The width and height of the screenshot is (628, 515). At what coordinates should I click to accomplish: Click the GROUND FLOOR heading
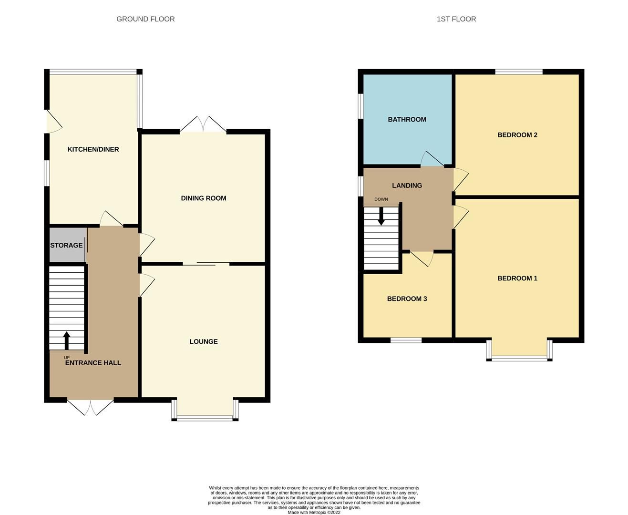coord(145,19)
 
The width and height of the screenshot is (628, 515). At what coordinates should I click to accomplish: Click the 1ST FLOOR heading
coord(456,19)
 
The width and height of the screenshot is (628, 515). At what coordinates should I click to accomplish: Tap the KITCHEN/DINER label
coord(93,149)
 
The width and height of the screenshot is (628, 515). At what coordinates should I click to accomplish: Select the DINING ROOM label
coord(204,198)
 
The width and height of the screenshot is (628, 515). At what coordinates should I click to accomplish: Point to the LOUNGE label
coord(204,341)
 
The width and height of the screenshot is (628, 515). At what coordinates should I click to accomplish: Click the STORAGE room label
coord(66,245)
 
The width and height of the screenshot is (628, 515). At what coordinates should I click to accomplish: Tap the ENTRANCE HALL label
coord(93,362)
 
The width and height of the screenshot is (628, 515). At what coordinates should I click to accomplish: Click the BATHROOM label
coord(407,119)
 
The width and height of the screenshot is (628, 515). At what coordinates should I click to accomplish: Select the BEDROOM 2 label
coord(517,135)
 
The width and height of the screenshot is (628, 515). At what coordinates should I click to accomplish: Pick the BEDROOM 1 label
coord(517,278)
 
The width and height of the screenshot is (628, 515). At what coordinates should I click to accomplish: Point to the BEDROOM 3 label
coord(407,299)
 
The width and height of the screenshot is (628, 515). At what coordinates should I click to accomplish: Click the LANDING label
coord(407,185)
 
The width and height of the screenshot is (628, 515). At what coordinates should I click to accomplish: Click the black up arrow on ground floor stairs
coord(67,340)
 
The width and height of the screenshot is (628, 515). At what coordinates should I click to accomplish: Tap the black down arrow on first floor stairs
coord(381,216)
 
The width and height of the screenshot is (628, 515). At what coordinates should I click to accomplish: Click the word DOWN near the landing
coord(381,199)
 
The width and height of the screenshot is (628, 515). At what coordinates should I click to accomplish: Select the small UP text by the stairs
coord(67,358)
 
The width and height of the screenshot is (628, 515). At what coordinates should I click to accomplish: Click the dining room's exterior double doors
coord(203,124)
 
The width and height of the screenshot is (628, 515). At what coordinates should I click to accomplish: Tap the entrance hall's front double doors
coord(90,407)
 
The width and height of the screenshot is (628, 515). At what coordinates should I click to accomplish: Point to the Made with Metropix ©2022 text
coord(314,512)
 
